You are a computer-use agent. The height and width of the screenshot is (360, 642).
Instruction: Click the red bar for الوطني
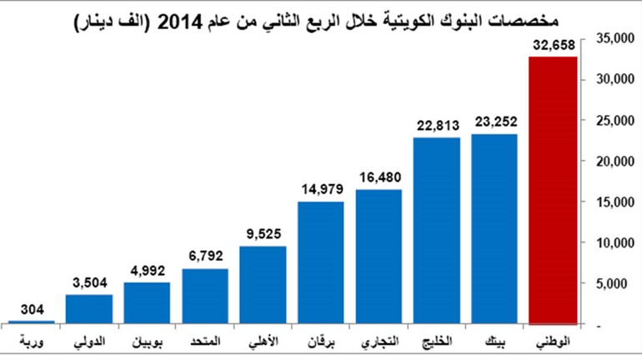coord(553,191)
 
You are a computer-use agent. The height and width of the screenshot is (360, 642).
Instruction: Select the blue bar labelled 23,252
coord(494,229)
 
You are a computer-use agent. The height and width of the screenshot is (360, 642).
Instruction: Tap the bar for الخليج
coord(437,231)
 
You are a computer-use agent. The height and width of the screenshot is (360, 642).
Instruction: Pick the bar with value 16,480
coord(379,257)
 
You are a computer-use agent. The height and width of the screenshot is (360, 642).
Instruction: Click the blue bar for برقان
coord(321,263)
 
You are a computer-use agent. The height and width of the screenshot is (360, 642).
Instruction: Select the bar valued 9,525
coord(263,285)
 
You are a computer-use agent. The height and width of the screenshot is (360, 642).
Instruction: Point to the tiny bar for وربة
coord(32,322)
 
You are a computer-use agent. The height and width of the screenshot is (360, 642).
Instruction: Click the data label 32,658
coord(554,45)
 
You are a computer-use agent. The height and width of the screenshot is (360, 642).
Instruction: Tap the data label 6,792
coord(206,256)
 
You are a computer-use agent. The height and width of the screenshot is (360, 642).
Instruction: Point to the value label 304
coord(32,309)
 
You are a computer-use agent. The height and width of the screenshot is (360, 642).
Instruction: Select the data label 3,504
coord(90,282)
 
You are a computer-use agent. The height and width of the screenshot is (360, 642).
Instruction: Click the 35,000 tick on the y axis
coord(615,38)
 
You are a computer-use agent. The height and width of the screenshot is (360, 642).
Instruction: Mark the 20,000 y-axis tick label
coord(615,162)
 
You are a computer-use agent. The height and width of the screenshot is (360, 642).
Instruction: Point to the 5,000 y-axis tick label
coord(611,284)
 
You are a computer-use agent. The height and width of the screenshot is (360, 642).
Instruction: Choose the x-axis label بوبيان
coord(148,342)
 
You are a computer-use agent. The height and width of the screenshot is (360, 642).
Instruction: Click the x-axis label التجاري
coord(380,342)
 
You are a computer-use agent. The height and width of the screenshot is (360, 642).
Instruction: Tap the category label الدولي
coord(90,342)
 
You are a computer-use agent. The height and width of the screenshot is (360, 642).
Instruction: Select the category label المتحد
coord(206,341)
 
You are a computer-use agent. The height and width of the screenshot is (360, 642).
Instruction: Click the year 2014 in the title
coord(180,22)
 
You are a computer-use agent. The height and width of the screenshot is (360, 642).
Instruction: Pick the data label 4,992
coord(148,271)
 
